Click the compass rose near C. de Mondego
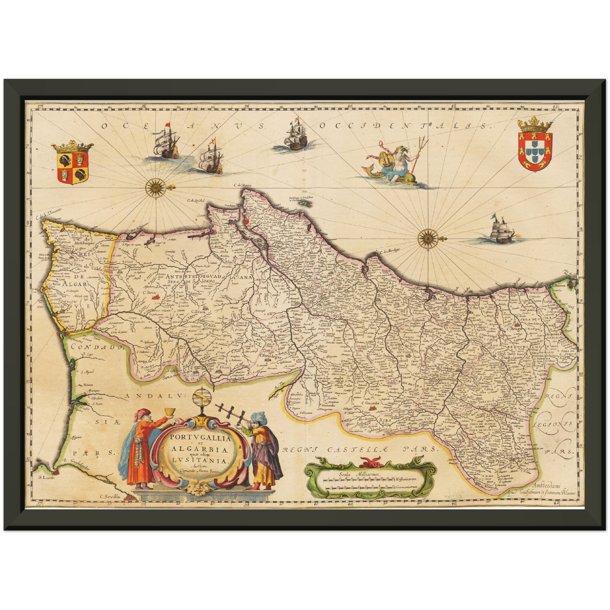pyautogui.click(x=428, y=238)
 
